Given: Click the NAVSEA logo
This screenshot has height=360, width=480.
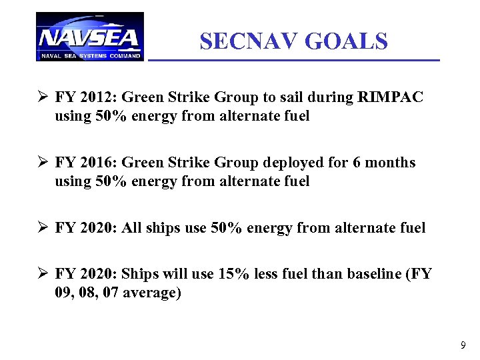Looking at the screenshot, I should (89, 37).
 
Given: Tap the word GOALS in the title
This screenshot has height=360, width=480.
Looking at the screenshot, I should (345, 41).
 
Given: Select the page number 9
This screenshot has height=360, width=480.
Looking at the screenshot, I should (463, 345).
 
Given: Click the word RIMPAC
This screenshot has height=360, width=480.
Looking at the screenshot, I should (390, 97).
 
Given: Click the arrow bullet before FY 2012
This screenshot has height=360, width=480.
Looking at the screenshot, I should (42, 97).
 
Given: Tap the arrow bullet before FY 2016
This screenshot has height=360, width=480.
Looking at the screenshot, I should (42, 163).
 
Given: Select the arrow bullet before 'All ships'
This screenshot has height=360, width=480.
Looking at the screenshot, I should (42, 228).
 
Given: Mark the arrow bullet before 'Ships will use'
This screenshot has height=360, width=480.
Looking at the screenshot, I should (42, 273).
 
